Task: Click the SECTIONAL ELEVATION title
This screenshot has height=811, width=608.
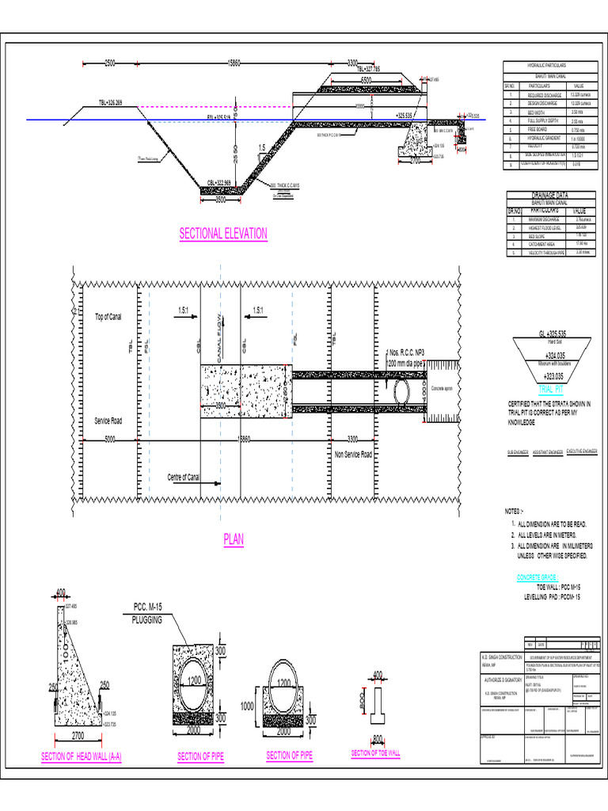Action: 223,234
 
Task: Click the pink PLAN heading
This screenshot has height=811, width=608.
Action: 234,540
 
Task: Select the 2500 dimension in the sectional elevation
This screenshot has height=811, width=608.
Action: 115,63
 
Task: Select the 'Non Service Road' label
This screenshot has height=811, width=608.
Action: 353,455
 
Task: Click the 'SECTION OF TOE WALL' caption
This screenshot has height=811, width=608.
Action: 375,753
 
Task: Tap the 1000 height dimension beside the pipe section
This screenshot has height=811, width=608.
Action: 246,706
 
